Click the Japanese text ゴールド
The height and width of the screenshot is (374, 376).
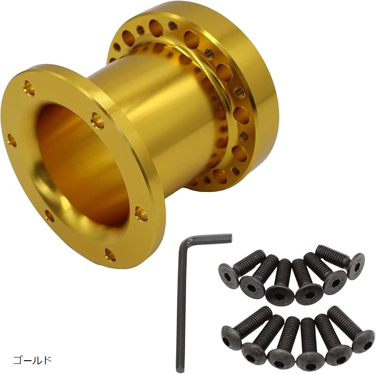33,360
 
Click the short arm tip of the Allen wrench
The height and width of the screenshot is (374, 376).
231,238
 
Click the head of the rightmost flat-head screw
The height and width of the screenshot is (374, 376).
356,266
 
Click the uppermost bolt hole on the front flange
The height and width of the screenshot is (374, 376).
29,88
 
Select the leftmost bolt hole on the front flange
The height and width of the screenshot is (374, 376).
12,140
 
